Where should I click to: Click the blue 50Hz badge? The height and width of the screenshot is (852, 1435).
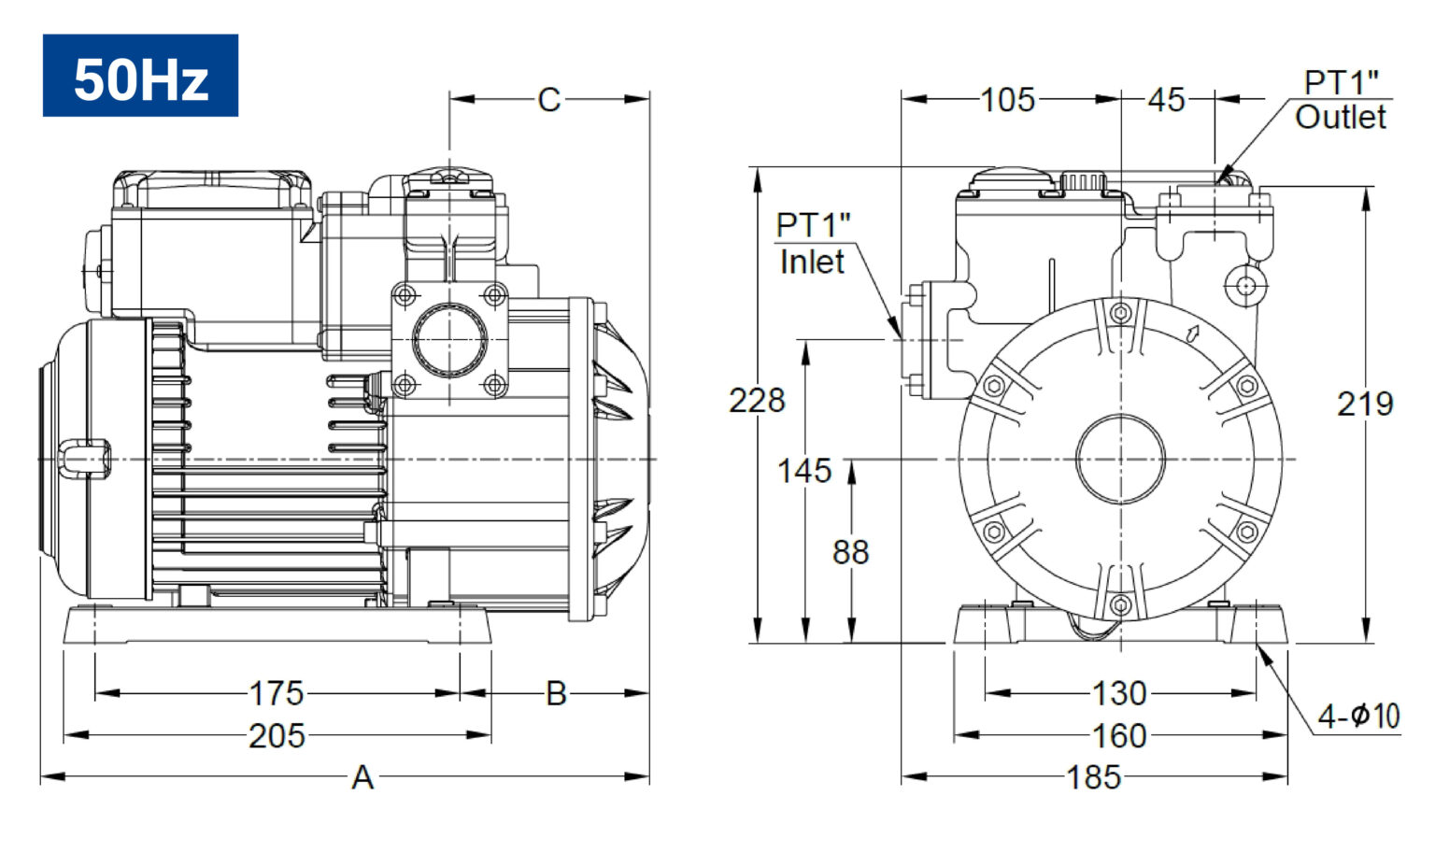pos(140,76)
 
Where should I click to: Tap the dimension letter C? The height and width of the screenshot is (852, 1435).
pos(549,100)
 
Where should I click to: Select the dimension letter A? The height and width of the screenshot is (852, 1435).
pos(362,777)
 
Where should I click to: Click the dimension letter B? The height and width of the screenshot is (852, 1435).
pos(556,694)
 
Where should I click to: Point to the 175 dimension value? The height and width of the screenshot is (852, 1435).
pos(277,694)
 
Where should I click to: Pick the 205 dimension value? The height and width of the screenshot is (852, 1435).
pos(277,736)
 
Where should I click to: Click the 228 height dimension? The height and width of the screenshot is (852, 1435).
pos(757,401)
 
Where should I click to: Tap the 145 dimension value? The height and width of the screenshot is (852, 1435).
pos(804,471)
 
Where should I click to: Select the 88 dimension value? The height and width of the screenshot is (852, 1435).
pos(851,552)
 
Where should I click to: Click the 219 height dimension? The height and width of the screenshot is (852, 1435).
pos(1365,405)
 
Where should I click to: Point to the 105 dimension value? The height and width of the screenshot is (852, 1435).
pos(1008,100)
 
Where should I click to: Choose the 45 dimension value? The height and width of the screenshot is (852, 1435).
pos(1167,100)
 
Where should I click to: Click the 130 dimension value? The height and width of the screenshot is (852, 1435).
pos(1119,694)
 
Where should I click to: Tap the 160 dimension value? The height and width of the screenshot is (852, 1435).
pos(1119,736)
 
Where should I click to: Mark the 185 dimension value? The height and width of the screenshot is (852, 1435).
pos(1094,777)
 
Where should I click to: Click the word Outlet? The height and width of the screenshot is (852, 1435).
pos(1341,117)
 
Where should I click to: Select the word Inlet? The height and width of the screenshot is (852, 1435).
pos(812,262)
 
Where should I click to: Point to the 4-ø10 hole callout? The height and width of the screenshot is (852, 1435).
pos(1358,717)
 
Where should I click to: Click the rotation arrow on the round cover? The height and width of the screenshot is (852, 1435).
pos(1193,334)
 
